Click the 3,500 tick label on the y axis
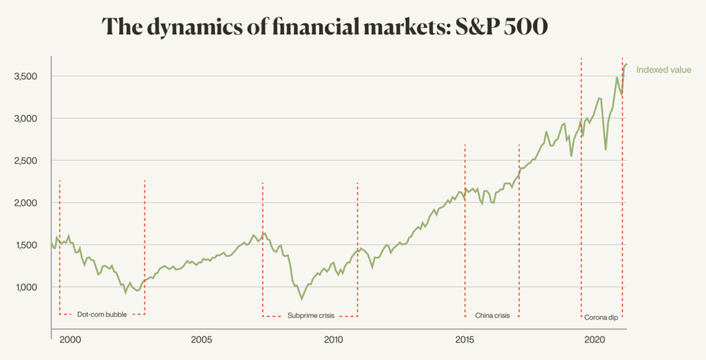26,76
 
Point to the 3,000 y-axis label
26,119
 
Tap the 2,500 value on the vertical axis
26,161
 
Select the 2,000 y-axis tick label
26,203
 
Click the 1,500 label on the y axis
26,245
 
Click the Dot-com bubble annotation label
102,314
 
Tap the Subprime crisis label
310,315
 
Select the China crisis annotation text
492,315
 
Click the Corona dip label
601,317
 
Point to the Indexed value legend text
663,70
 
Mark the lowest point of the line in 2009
301,299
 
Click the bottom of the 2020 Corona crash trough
605,150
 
